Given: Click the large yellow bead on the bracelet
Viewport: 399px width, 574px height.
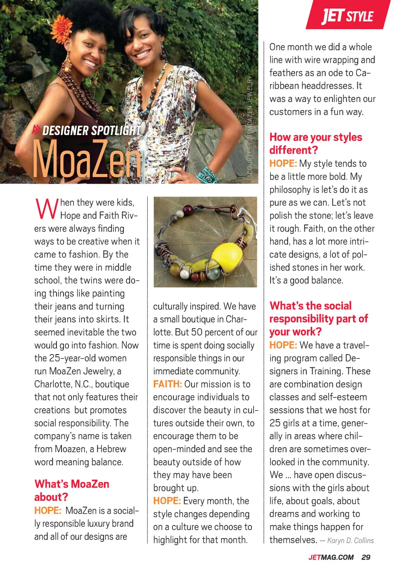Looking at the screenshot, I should coord(227,256).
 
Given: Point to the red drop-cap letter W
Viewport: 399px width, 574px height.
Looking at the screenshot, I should coord(47,209).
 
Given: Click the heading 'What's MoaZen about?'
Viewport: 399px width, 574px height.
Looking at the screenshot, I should coord(71,490).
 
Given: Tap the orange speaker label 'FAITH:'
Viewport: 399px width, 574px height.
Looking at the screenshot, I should coord(167,384).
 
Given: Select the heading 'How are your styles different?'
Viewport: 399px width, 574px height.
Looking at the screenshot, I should coord(315,143).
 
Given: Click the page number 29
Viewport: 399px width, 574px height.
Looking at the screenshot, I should coord(366,557).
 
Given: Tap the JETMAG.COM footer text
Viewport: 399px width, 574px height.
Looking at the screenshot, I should coord(331,557).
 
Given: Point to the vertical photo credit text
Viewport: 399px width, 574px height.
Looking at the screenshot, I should coord(250,125).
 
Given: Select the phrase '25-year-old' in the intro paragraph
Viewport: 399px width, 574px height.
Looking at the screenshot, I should coord(74,358).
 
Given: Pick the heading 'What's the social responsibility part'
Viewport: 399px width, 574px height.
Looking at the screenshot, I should coord(318,318).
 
